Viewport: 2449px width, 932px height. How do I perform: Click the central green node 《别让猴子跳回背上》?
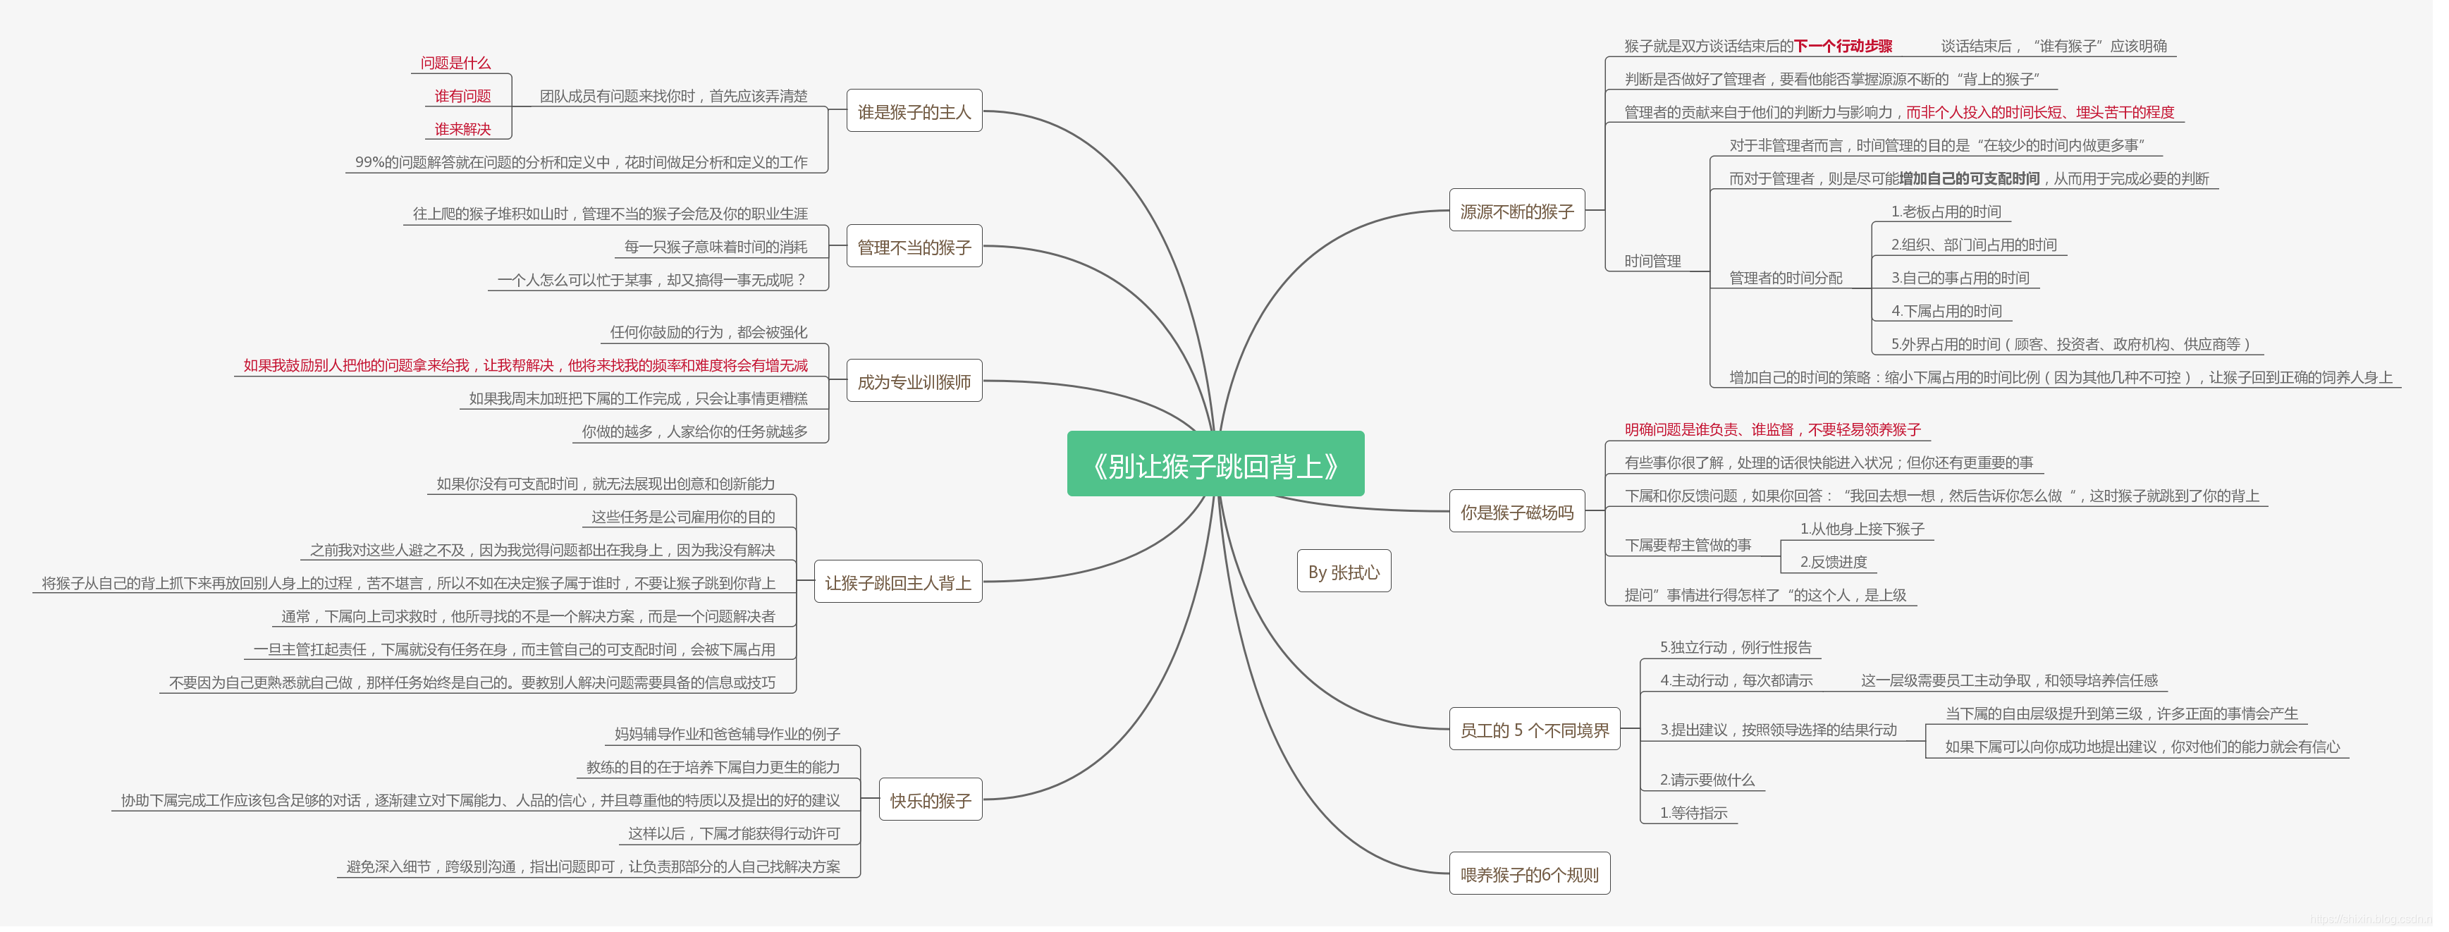pos(1215,464)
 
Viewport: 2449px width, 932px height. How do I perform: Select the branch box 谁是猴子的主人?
pos(914,111)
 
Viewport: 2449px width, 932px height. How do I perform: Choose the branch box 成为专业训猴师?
pos(914,381)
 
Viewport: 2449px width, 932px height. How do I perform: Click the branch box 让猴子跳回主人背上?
pos(897,582)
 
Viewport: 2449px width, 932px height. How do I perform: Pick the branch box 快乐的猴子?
pos(930,799)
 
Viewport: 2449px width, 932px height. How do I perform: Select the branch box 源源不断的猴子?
pos(1516,211)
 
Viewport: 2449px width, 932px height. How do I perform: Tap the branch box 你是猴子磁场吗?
pos(1516,512)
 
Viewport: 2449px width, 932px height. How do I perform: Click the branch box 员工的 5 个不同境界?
pos(1533,730)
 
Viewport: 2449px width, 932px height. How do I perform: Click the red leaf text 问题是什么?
pos(455,63)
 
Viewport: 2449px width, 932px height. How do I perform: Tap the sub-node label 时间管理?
pos(1652,261)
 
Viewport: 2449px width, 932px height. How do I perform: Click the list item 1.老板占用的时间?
pos(1945,211)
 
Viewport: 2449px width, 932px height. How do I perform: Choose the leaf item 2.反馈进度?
pos(1833,561)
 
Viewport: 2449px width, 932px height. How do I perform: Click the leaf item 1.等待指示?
pos(1693,812)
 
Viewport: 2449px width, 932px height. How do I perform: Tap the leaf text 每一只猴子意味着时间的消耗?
pos(715,246)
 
